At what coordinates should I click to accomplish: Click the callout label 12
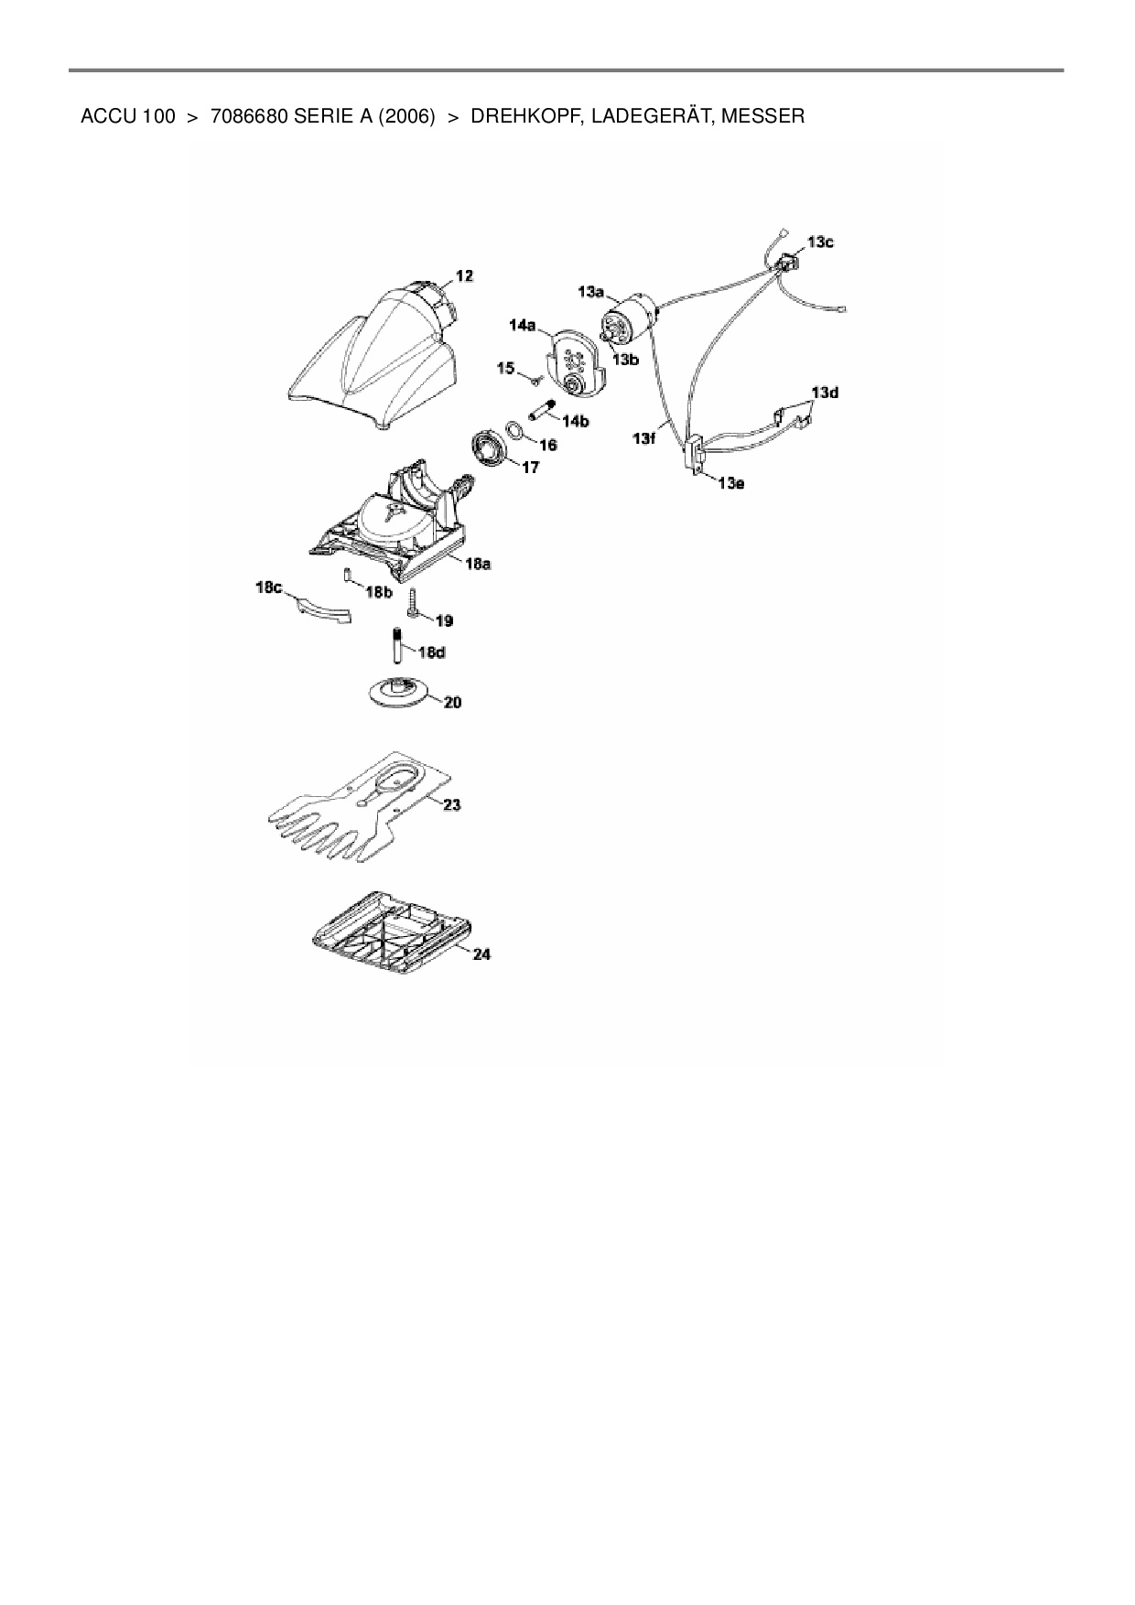(x=465, y=275)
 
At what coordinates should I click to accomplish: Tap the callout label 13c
(x=820, y=242)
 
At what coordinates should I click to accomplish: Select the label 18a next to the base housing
(x=478, y=565)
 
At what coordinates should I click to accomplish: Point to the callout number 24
(x=481, y=953)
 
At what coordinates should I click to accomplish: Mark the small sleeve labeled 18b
(x=348, y=576)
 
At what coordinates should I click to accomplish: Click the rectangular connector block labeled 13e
(x=695, y=454)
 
